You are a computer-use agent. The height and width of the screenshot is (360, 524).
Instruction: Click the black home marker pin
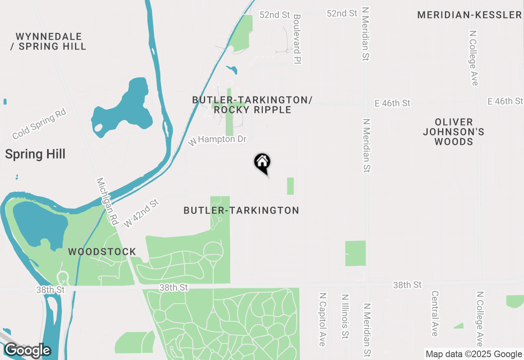(262, 162)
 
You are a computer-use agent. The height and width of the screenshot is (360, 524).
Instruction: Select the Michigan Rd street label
(107, 201)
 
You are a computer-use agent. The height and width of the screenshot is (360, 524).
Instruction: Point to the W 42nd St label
(141, 213)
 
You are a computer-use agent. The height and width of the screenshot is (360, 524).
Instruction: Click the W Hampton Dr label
(217, 140)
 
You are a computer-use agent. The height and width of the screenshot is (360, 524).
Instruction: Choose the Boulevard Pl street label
(297, 39)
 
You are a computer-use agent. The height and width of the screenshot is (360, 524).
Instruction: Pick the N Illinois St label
(345, 317)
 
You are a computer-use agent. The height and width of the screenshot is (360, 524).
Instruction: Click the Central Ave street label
(435, 313)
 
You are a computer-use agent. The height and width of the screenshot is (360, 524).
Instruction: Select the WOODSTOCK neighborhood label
(102, 251)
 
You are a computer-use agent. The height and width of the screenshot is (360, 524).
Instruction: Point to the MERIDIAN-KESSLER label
(470, 15)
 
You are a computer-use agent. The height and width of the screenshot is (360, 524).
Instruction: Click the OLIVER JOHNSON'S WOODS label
(454, 132)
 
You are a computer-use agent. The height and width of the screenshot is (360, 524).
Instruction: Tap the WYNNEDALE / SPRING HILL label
(48, 41)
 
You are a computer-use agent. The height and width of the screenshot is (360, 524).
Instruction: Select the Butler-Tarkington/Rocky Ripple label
(252, 105)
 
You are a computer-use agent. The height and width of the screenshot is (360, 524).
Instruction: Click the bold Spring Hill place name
(35, 154)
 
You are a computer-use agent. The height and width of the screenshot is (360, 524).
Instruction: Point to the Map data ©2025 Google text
(474, 354)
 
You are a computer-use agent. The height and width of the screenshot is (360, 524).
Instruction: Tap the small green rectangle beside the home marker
(290, 186)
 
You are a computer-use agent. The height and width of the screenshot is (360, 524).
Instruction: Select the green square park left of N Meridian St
(355, 253)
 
